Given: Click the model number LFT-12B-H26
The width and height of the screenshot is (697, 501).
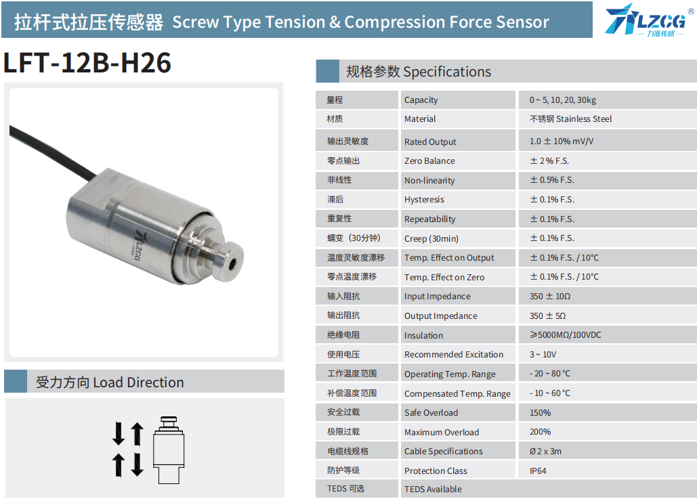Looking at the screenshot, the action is pyautogui.click(x=87, y=62).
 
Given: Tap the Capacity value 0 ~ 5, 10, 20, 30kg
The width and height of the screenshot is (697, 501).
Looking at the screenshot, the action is pyautogui.click(x=562, y=100).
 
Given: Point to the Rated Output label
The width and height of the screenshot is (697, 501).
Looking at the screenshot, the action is pyautogui.click(x=430, y=141).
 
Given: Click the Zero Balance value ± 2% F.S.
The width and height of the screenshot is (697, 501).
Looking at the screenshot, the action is pyautogui.click(x=549, y=160).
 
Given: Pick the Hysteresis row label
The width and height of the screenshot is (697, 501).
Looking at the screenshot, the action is pyautogui.click(x=424, y=200).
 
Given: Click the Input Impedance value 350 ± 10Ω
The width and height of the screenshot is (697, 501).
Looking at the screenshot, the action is pyautogui.click(x=550, y=297).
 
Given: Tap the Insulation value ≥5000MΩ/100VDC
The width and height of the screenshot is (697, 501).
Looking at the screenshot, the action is pyautogui.click(x=565, y=335).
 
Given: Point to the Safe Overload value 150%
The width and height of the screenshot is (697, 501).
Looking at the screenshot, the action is pyautogui.click(x=540, y=412).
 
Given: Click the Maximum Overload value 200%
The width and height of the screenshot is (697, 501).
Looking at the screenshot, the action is pyautogui.click(x=540, y=432).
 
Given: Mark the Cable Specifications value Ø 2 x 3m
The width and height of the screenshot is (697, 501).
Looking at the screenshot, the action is pyautogui.click(x=545, y=452).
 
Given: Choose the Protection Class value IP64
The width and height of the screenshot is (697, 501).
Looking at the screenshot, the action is pyautogui.click(x=538, y=471).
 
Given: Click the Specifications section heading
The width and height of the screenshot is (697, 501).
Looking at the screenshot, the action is pyautogui.click(x=419, y=72).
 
